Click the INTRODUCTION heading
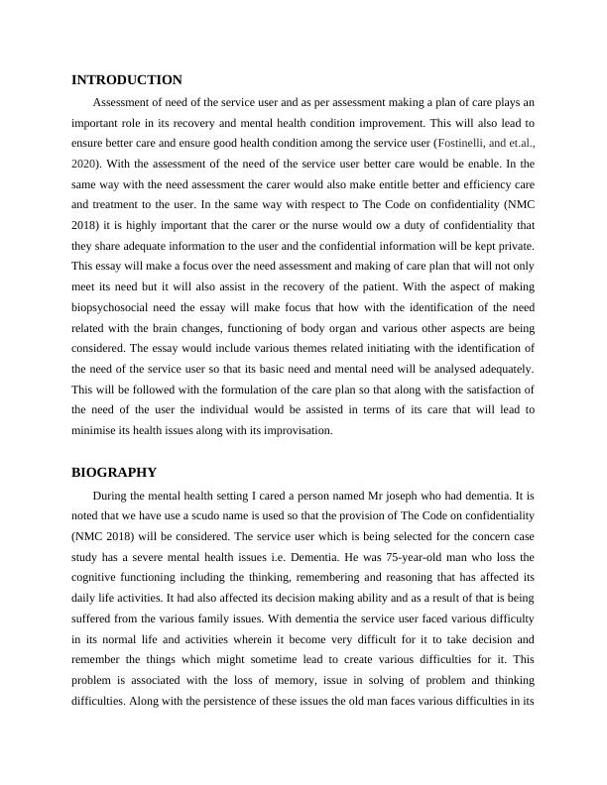pos(127,79)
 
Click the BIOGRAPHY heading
pos(115,472)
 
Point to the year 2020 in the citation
pos(86,164)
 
